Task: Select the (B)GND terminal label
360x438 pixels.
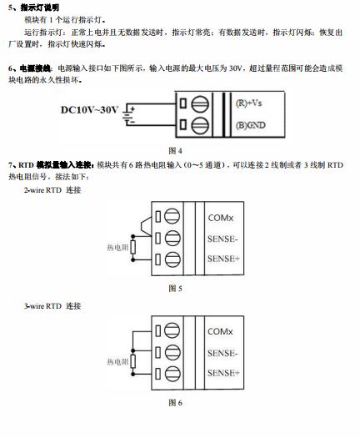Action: (251, 125)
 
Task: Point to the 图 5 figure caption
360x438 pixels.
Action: (175, 288)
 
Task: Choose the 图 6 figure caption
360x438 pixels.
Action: (175, 402)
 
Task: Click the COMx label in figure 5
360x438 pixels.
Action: (221, 218)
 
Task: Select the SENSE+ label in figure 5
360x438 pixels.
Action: (223, 259)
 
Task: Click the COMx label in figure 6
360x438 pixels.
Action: (221, 332)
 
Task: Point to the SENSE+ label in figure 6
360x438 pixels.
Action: (223, 372)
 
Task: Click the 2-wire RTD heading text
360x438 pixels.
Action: (52, 191)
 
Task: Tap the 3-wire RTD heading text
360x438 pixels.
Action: (52, 306)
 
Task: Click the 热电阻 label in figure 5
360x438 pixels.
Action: (117, 247)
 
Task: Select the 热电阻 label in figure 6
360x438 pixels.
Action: (117, 361)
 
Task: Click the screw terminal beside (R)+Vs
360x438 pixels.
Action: (199, 105)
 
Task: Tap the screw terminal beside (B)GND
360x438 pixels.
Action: (199, 125)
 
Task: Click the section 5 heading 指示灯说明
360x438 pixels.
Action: (38, 7)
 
